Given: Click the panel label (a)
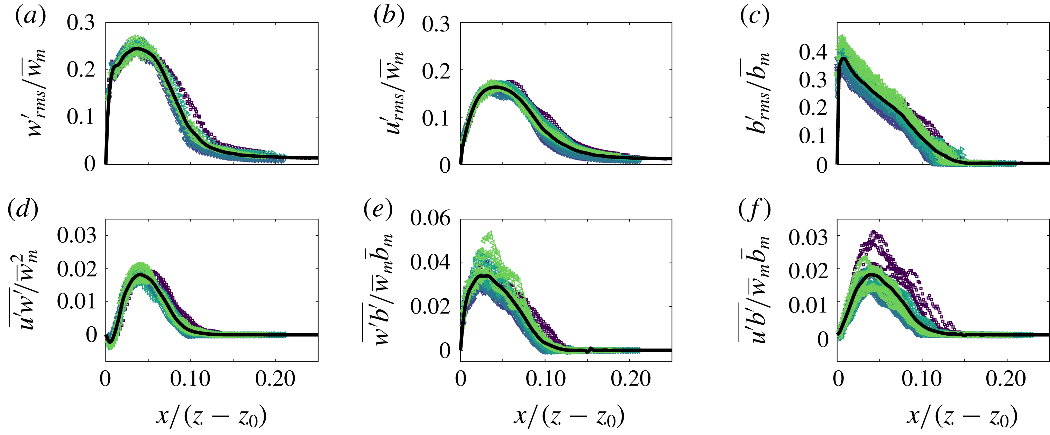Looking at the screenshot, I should point(30,17).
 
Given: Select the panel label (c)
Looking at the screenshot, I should point(755,17).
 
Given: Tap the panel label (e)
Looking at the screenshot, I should point(378,210).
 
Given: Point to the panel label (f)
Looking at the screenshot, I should point(755,210).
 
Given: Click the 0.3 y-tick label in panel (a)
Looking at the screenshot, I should point(81,23).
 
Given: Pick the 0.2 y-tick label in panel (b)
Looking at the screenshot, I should point(436,72).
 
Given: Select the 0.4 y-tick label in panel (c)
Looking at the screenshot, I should point(812,52).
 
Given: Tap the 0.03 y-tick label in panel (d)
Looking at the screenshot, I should point(76,235).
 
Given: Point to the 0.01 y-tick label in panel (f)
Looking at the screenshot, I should point(807,305).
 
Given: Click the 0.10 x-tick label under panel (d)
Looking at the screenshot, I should point(190,379).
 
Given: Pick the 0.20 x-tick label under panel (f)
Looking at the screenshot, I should point(1006,379).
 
